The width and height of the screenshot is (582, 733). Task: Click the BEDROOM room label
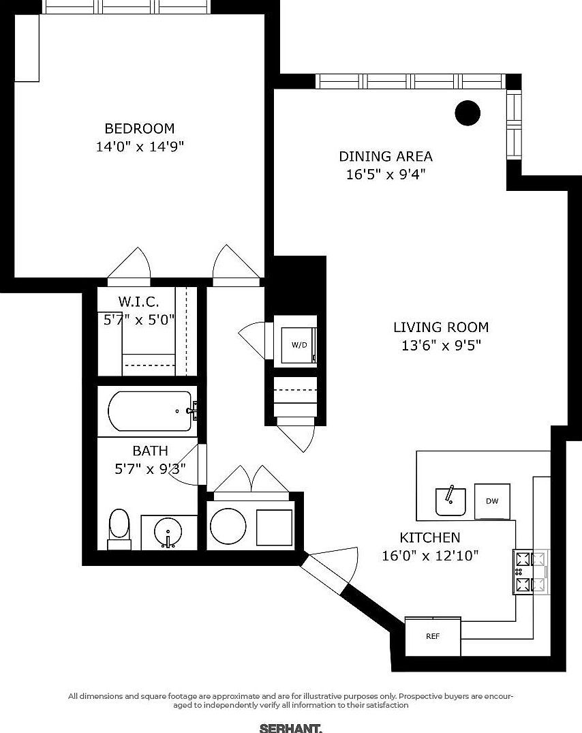tap(139, 128)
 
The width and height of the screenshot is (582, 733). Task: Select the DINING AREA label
tap(386, 156)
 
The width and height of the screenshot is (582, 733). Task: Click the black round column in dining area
tap(468, 113)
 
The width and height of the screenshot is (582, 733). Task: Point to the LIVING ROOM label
tap(441, 327)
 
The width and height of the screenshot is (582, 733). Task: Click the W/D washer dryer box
tap(299, 344)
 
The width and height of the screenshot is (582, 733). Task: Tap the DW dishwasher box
tap(492, 500)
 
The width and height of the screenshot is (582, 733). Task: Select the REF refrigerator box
tap(433, 636)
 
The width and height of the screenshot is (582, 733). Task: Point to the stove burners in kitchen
tap(531, 571)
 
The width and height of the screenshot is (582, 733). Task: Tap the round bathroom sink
tap(168, 531)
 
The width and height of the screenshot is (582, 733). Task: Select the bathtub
tap(149, 410)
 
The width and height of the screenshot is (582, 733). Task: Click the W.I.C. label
tap(139, 301)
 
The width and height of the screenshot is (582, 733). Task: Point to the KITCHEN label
tap(429, 537)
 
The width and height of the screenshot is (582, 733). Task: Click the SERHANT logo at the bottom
tap(291, 728)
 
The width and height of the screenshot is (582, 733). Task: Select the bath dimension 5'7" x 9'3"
tap(150, 468)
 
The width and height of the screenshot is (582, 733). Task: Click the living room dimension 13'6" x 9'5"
tap(441, 345)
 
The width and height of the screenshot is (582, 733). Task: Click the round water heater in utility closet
tap(228, 526)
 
